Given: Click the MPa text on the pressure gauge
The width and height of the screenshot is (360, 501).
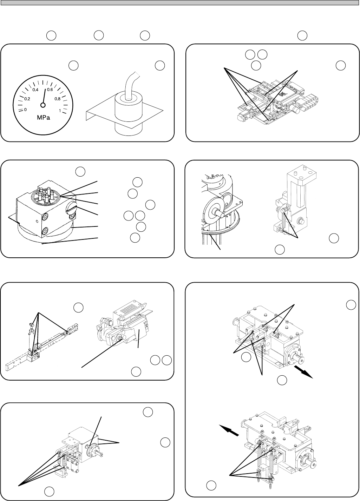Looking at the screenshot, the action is coord(44,118).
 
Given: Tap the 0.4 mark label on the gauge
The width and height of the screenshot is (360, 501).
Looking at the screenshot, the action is coord(35,90).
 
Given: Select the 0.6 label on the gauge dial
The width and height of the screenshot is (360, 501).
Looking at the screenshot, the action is coord(50,90).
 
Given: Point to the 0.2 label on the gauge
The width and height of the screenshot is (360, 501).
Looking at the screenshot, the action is coord(27,99).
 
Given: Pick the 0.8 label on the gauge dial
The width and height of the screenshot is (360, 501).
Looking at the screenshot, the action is coord(58,99).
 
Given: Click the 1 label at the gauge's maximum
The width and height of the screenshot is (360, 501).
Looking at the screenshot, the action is coord(60,111).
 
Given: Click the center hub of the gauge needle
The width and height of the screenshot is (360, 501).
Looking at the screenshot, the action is coord(43,105).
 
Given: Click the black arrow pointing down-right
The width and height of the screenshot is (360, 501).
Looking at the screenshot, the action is coord(303,371).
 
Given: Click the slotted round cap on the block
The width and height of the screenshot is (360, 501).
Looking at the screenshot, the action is coord(71,207).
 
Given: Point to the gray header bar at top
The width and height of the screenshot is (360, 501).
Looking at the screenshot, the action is coord(180,2).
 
